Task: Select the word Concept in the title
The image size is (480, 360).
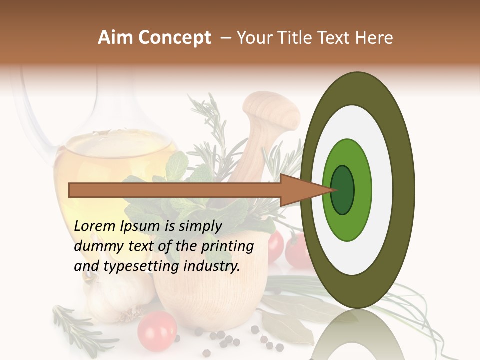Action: tap(174, 38)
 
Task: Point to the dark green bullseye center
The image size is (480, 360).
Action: tap(342, 190)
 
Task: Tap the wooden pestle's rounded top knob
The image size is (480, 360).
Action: tap(270, 107)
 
